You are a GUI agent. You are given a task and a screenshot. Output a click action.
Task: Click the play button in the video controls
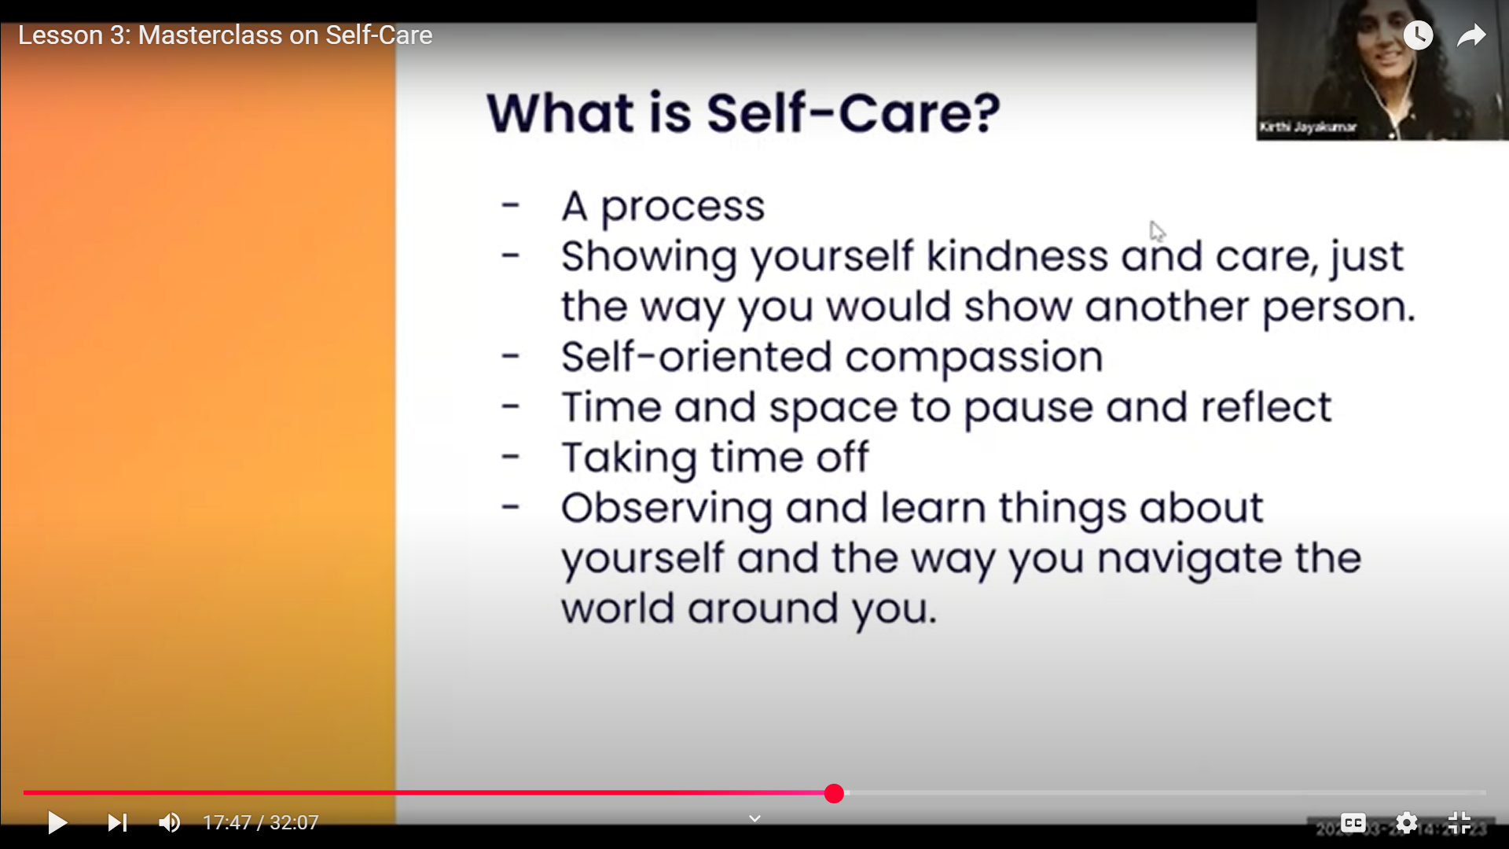pyautogui.click(x=57, y=822)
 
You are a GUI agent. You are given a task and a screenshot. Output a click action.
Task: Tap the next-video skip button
pyautogui.click(x=116, y=822)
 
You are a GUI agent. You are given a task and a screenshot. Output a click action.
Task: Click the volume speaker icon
pyautogui.click(x=169, y=822)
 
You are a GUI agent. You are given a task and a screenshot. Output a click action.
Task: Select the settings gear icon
pyautogui.click(x=1406, y=822)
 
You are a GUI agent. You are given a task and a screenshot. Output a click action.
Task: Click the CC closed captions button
pyautogui.click(x=1353, y=822)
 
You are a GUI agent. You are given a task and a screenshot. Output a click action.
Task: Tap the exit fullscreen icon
pyautogui.click(x=1459, y=822)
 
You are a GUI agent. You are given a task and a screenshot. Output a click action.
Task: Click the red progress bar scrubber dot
pyautogui.click(x=834, y=793)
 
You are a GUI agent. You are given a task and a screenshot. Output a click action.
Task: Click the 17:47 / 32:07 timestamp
pyautogui.click(x=260, y=822)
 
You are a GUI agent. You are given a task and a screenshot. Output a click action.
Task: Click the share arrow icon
pyautogui.click(x=1470, y=35)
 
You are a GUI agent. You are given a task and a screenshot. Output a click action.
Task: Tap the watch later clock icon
pyautogui.click(x=1418, y=35)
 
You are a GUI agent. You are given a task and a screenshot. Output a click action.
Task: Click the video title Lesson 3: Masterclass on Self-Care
pyautogui.click(x=225, y=35)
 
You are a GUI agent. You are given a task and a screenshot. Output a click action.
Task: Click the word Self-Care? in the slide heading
pyautogui.click(x=853, y=112)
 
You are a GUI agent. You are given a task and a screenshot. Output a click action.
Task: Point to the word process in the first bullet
pyautogui.click(x=682, y=207)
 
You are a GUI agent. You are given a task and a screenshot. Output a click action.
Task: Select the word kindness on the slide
pyautogui.click(x=1017, y=256)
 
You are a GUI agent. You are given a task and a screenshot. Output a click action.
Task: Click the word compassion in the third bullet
pyautogui.click(x=974, y=357)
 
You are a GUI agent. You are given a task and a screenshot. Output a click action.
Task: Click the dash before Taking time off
pyautogui.click(x=511, y=456)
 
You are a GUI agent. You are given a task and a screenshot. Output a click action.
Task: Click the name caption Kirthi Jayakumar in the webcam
pyautogui.click(x=1307, y=127)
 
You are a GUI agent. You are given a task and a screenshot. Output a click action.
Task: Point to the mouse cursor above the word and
pyautogui.click(x=1156, y=230)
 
